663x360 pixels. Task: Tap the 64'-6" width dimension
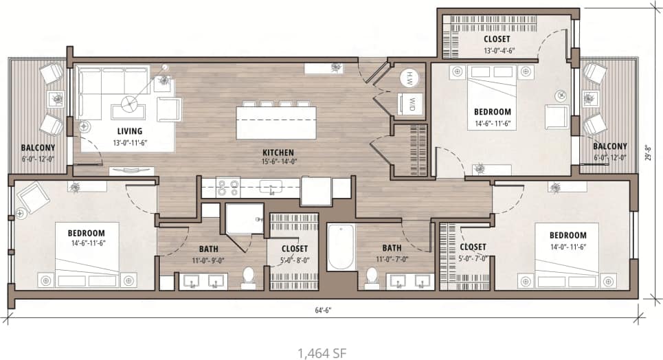tap(324, 310)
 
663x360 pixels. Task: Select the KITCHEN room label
tap(278, 152)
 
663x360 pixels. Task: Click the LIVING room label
tap(129, 131)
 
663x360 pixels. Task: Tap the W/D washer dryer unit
tap(412, 104)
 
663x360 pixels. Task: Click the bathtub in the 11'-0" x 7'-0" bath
tap(341, 247)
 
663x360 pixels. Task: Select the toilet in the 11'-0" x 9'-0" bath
tap(249, 277)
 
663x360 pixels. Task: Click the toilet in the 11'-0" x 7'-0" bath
tap(372, 276)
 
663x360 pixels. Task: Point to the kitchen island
tap(276, 122)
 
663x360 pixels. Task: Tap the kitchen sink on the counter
tap(273, 186)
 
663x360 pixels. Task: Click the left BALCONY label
tap(38, 148)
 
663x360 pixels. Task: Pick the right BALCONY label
tap(609, 146)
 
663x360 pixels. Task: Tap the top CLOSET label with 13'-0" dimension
tap(496, 39)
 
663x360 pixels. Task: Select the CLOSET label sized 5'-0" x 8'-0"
tap(294, 248)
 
